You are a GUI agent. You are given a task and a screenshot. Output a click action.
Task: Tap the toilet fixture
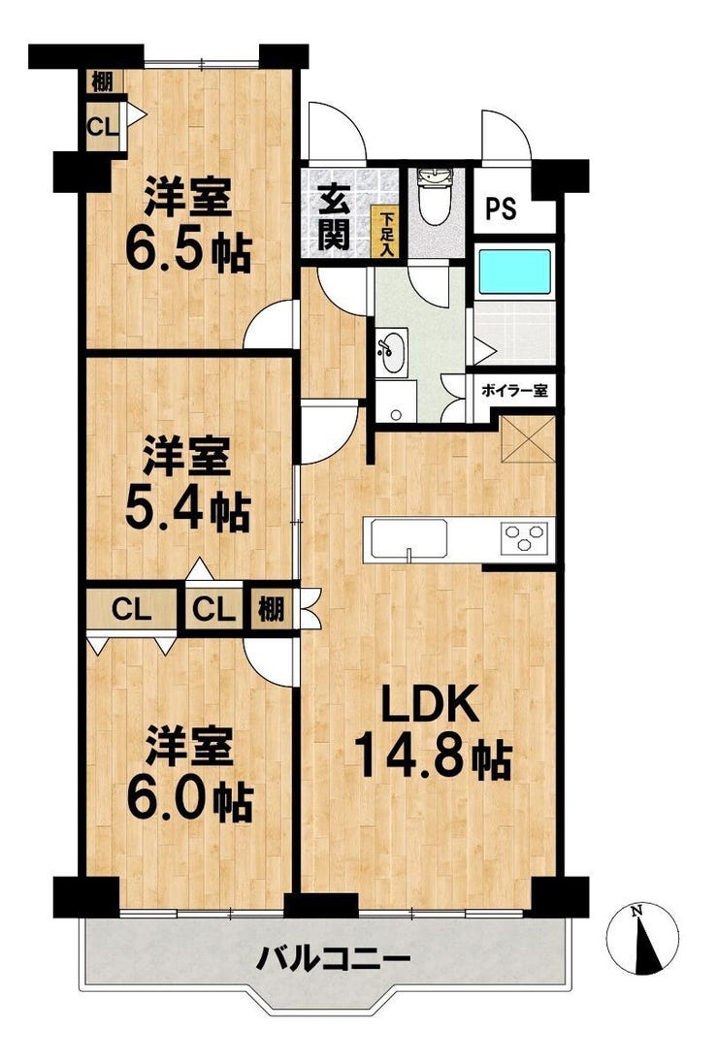pyautogui.click(x=435, y=195)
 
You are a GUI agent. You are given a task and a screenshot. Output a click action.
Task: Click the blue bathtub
pyautogui.click(x=515, y=272)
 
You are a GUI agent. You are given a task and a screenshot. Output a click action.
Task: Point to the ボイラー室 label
pyautogui.click(x=513, y=391)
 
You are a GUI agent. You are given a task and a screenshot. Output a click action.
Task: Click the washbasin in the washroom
pyautogui.click(x=392, y=350)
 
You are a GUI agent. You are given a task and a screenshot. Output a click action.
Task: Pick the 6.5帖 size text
pyautogui.click(x=188, y=253)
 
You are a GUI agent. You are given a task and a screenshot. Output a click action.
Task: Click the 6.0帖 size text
pyautogui.click(x=189, y=802)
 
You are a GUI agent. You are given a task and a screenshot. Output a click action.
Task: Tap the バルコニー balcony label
pyautogui.click(x=334, y=959)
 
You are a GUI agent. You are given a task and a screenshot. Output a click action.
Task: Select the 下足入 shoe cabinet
pyautogui.click(x=386, y=233)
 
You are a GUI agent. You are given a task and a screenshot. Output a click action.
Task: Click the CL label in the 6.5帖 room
pyautogui.click(x=103, y=126)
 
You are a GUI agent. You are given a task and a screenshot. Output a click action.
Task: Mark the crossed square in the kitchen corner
pyautogui.click(x=527, y=439)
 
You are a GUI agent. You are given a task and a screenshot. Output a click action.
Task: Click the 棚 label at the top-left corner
pyautogui.click(x=102, y=81)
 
